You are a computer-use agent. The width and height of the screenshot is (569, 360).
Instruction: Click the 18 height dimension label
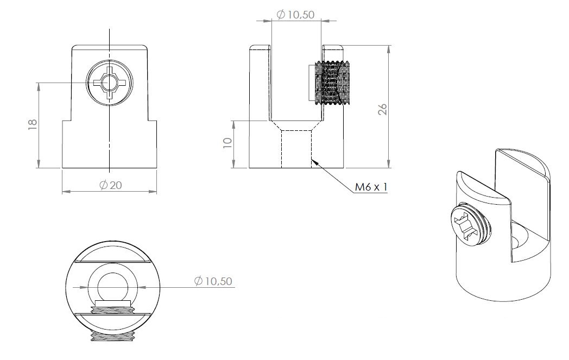tap(32, 124)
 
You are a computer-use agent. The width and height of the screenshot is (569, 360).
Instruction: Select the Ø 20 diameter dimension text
tap(110, 185)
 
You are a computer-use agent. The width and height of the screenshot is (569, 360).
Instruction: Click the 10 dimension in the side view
tap(227, 143)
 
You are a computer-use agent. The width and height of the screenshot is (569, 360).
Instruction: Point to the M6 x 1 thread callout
tap(371, 187)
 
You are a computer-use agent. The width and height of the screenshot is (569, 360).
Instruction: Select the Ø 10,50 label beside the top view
tap(213, 281)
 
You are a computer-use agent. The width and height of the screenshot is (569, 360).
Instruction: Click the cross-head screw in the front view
tap(110, 83)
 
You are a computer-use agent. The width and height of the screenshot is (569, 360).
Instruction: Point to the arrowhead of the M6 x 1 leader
tap(315, 161)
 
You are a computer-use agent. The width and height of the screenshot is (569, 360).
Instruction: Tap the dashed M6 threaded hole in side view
tap(296, 148)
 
